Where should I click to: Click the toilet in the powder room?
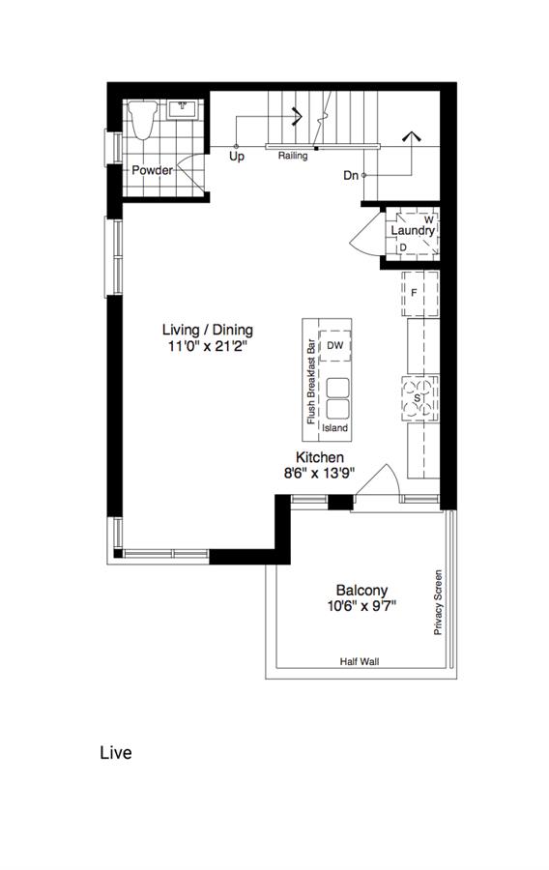click(x=141, y=119)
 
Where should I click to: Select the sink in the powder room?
click(x=183, y=109)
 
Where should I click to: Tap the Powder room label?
click(x=152, y=170)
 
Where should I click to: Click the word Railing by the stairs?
click(x=293, y=156)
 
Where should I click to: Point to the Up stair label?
click(x=237, y=157)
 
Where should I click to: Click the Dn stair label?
click(x=351, y=176)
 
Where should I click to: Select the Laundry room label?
click(x=413, y=230)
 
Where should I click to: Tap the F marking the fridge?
click(x=414, y=292)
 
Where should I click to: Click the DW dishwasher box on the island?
click(x=335, y=346)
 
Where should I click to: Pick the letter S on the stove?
click(x=417, y=398)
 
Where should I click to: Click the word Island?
click(x=335, y=428)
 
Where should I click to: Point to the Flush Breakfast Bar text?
click(x=311, y=381)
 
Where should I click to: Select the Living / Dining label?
click(x=208, y=330)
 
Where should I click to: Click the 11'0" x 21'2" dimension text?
click(x=208, y=347)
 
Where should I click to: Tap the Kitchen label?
click(x=319, y=457)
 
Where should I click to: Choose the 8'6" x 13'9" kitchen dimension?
click(x=319, y=474)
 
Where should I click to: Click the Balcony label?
click(x=362, y=590)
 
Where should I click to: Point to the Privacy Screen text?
click(x=438, y=602)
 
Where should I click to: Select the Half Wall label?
click(x=360, y=661)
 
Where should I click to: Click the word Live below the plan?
click(x=116, y=753)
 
